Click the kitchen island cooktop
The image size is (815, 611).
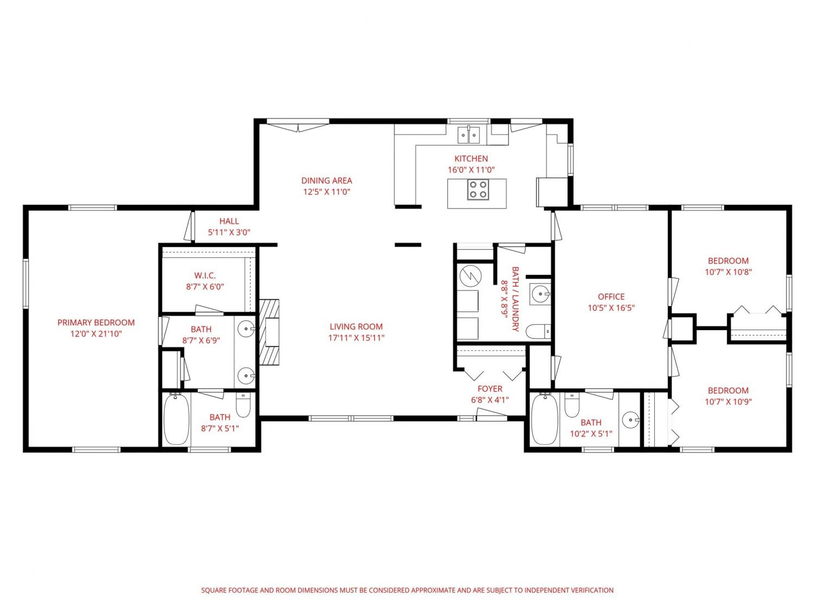tap(478, 190)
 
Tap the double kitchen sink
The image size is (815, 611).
tap(468, 135)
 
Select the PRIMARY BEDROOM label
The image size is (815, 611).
tap(96, 323)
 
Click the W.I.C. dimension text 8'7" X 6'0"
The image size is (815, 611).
tap(205, 286)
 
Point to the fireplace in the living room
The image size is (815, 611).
tap(269, 332)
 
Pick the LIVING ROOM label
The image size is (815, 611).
tap(356, 326)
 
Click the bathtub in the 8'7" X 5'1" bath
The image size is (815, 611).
tap(177, 419)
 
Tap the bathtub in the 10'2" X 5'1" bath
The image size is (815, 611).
tap(545, 419)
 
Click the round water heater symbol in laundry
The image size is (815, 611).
tap(471, 276)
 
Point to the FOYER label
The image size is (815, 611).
tap(490, 389)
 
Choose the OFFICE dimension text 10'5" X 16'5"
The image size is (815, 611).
tap(611, 307)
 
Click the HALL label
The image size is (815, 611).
tap(229, 221)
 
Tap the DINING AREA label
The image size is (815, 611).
tap(327, 181)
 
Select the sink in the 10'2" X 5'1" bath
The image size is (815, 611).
tap(631, 420)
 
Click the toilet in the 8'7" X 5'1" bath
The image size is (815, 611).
tap(243, 405)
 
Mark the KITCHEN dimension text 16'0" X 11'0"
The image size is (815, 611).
tap(471, 170)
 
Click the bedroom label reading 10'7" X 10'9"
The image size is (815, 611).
tap(728, 401)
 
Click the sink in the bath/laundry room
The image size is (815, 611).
tap(539, 294)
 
